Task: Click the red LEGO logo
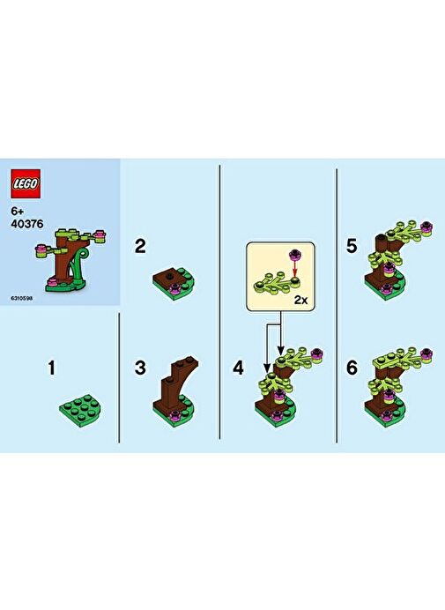26,184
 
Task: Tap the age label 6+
18,212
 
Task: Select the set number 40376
27,224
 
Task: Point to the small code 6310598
22,298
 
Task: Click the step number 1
52,368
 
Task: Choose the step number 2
140,246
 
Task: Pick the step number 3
140,368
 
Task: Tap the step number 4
238,368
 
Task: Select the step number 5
352,246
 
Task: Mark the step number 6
352,368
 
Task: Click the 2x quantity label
300,300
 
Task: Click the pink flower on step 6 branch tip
426,353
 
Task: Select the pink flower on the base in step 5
386,288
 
